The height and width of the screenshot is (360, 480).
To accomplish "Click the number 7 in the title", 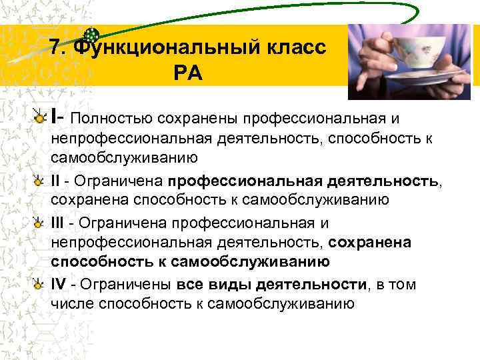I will click(56, 48).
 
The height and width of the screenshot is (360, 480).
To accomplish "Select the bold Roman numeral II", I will click(55, 181).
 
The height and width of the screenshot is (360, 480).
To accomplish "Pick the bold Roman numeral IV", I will click(58, 285).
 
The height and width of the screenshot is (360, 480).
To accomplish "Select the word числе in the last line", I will click(71, 305).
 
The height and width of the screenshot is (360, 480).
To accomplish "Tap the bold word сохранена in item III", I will click(366, 243).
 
